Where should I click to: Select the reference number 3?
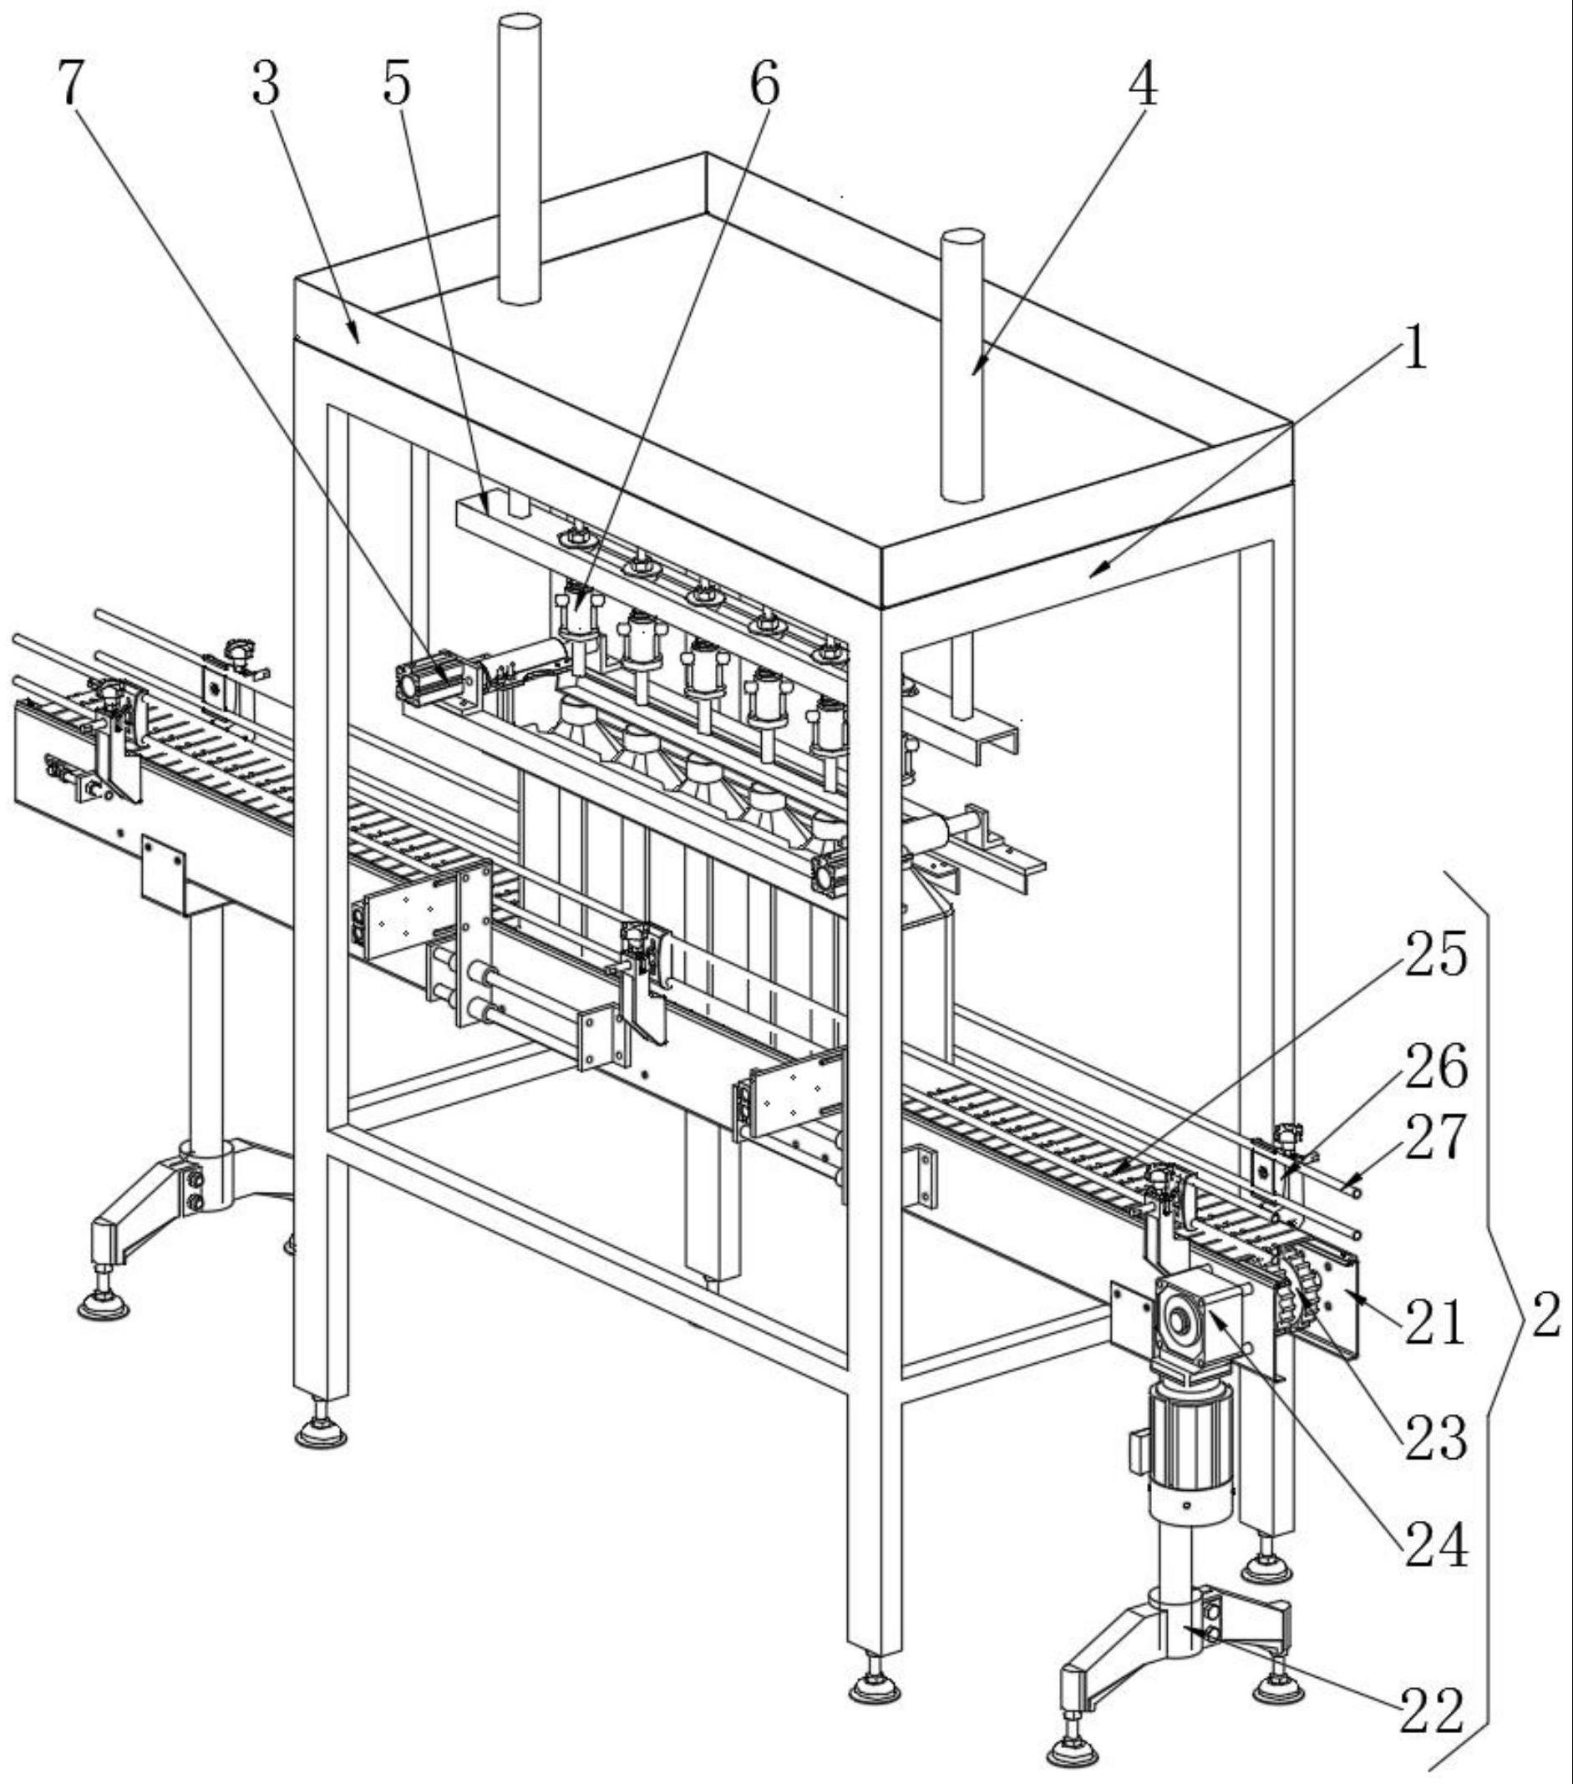point(266,84)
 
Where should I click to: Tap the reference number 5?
point(396,84)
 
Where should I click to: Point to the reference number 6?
point(764,84)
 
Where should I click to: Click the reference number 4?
point(1143,84)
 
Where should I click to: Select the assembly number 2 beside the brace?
point(1546,1315)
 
